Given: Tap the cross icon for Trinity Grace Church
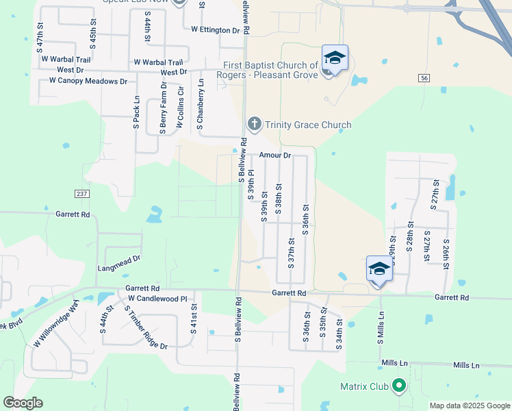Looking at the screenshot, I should pos(254,124).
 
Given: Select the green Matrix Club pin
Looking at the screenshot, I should pos(398,387).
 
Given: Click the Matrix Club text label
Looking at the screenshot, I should pos(364,387).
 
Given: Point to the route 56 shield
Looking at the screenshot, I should pos(424,79).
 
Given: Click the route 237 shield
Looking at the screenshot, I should pos(82,194).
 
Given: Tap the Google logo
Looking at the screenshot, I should pos(23,403).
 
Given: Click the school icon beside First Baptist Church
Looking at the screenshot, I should pos(335,58).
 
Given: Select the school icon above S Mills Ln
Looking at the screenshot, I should pos(379,269).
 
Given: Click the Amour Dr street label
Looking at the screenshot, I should pos(275,155).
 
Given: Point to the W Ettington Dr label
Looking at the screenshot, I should pos(216,30).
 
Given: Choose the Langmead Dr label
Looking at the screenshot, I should pos(119,259).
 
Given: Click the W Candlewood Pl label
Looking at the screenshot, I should pos(157,299).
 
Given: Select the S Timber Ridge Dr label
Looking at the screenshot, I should pos(146,327).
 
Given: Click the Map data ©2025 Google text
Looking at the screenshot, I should pos(469,406).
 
